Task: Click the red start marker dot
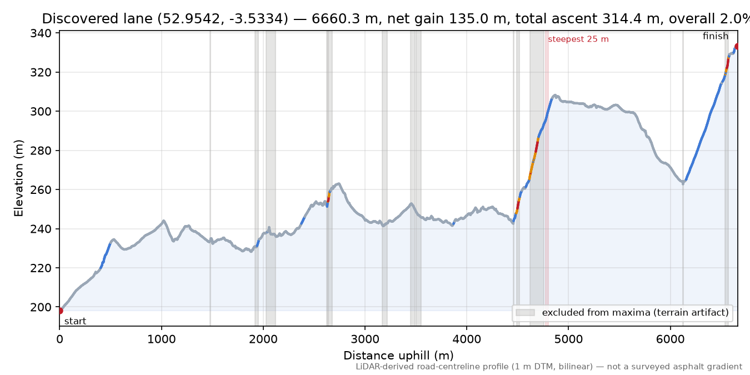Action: coord(60,311)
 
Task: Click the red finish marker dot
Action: coord(737,47)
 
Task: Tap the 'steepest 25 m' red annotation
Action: coord(578,39)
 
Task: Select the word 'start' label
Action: coord(76,322)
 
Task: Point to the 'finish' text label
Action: coord(716,36)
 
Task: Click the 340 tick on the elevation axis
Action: coord(41,33)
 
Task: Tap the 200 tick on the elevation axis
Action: coord(41,307)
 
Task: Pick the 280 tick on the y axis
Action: coord(41,151)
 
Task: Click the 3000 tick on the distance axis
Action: coord(365,339)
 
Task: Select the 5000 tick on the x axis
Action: coord(568,339)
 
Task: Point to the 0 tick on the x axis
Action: coord(59,339)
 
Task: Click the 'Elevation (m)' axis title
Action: coord(18,178)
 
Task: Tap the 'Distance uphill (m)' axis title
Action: coord(398,356)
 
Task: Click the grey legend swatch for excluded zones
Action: coord(525,313)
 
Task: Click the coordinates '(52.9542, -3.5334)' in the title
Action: coord(223,19)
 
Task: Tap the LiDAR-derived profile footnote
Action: coord(549,367)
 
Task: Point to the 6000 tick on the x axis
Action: coord(671,339)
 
